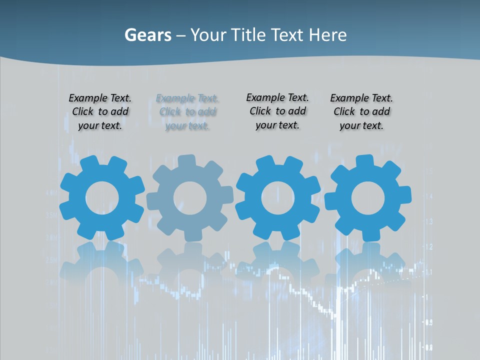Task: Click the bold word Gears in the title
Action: pos(147,35)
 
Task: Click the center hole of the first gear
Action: pos(102,198)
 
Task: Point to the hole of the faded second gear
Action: pos(190,198)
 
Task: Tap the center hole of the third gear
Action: pos(278,198)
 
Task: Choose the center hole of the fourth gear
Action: pos(368,198)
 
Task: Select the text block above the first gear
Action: pos(100,112)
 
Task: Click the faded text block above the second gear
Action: pos(187,112)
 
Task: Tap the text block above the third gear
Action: pos(277,111)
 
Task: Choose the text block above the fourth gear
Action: pos(361,112)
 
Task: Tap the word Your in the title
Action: pos(208,35)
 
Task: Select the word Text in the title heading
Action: pos(287,35)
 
